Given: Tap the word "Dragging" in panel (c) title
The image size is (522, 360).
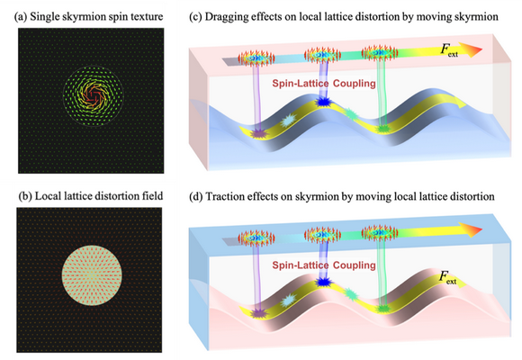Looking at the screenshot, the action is [225, 17].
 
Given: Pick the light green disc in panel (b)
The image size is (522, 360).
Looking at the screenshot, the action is [92, 275].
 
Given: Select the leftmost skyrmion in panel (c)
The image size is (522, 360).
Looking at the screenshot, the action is [256, 58].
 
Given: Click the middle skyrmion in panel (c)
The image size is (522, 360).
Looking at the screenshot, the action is [322, 55].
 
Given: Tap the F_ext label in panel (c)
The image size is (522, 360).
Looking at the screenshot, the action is [449, 50].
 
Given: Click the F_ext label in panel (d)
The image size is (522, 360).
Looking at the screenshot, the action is [448, 277].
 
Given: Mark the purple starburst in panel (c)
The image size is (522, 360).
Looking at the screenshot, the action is [258, 134].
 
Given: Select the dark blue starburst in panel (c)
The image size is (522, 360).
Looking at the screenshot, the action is [322, 102].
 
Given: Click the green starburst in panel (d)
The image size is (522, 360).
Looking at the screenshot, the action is [382, 309].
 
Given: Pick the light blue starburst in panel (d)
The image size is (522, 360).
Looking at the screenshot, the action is [287, 301].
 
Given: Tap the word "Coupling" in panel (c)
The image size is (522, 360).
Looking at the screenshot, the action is [355, 84].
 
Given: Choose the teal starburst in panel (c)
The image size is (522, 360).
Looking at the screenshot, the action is [351, 113].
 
